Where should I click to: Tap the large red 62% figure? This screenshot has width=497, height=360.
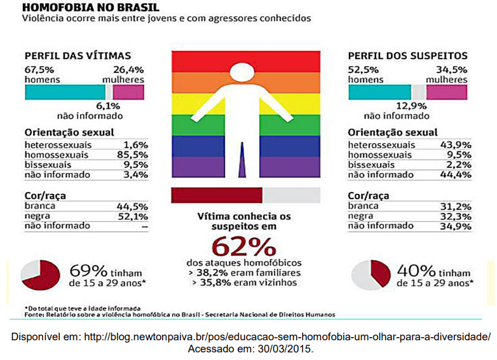pos(243,246)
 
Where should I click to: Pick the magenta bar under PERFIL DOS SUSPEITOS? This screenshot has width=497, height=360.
pos(446,92)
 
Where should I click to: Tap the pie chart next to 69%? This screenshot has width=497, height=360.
pos(40,275)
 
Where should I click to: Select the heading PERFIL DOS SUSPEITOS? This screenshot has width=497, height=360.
pos(407,56)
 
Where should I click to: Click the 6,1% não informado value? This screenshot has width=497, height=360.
pos(107,106)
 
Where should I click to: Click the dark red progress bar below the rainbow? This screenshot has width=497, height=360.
pos(217,194)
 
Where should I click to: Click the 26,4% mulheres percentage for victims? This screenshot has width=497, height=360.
pos(128,69)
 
